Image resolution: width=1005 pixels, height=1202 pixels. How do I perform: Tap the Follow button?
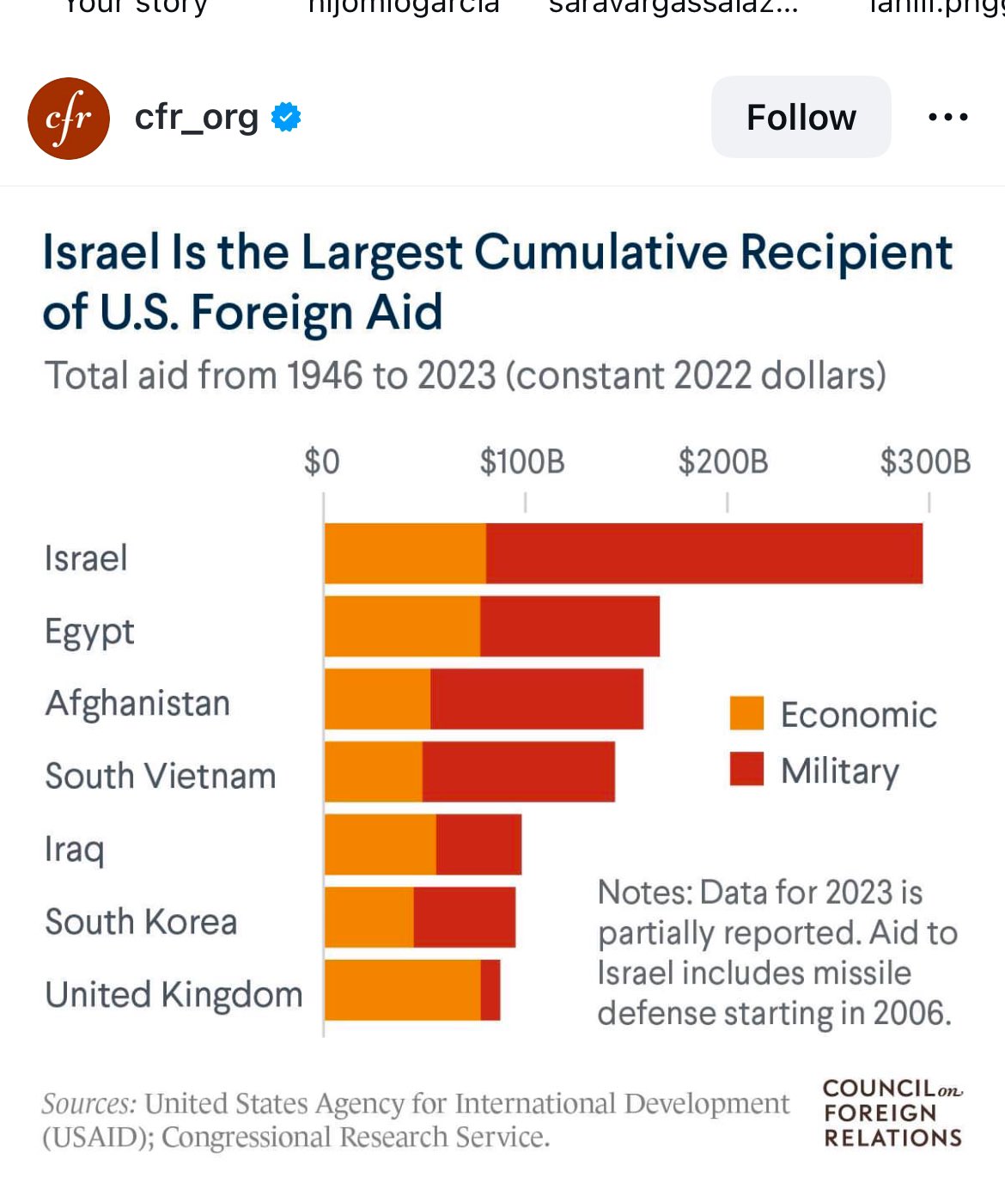(x=801, y=117)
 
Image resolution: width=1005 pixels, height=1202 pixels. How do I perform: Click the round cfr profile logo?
(x=69, y=119)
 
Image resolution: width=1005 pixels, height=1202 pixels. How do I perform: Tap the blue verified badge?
(x=286, y=117)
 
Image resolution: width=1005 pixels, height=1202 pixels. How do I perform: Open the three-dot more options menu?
(x=948, y=117)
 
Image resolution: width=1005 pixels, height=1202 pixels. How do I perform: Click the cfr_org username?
(x=197, y=117)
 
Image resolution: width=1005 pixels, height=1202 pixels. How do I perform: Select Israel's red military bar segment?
(x=704, y=553)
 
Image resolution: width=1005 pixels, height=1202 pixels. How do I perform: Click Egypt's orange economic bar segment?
(x=402, y=626)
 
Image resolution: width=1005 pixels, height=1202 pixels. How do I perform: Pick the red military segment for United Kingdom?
(x=490, y=990)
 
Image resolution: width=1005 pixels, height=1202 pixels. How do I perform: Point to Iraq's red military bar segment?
(x=478, y=845)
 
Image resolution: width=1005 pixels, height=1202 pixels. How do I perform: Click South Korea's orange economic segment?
(x=369, y=918)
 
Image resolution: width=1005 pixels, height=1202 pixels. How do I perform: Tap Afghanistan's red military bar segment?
(x=537, y=699)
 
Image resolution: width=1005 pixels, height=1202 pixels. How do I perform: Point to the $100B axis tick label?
(x=522, y=462)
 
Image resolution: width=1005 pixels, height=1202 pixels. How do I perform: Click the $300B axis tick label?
(x=925, y=462)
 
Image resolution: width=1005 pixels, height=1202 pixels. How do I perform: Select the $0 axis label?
(x=322, y=462)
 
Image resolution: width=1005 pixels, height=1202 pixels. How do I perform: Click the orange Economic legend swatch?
(x=746, y=713)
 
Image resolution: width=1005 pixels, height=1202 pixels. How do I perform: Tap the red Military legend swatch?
(x=746, y=769)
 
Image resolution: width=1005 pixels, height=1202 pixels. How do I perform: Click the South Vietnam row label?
(x=161, y=776)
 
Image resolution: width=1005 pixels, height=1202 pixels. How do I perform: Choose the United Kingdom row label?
(x=174, y=995)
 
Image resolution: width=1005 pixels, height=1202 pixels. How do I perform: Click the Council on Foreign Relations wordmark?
(x=892, y=1114)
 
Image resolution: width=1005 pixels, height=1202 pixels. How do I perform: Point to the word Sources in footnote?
(x=88, y=1104)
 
